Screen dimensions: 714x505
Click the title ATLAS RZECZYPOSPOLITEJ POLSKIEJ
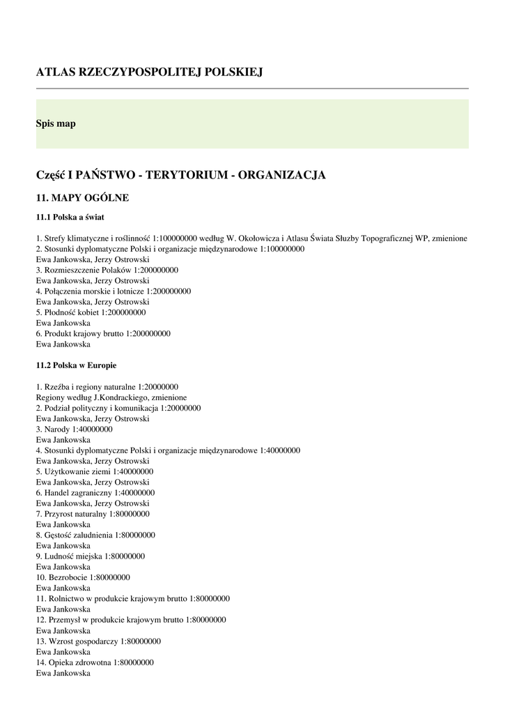(149, 72)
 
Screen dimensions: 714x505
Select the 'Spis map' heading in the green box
(56, 123)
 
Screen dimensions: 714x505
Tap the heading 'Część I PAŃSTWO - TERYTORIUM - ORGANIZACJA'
(180, 174)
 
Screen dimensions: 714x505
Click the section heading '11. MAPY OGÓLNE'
(82, 198)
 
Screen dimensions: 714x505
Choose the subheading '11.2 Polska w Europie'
(76, 365)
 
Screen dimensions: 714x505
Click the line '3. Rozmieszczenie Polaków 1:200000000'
(107, 270)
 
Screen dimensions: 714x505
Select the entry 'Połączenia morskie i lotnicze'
(113, 291)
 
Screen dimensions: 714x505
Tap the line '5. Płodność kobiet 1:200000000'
(91, 312)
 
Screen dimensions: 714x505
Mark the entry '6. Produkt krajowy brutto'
(103, 333)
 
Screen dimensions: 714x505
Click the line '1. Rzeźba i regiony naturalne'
(107, 387)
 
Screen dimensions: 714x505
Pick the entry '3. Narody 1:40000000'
(74, 430)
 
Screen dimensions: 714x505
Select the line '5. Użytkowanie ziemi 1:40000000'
(95, 472)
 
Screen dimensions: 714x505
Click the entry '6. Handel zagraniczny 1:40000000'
(95, 493)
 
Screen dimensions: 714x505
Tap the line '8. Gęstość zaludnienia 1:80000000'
(95, 535)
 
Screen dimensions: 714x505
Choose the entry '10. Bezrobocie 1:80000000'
(83, 577)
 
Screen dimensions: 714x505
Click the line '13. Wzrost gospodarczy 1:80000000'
(98, 641)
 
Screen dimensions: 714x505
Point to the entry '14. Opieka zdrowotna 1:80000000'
(95, 662)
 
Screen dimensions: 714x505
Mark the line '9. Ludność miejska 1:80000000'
(91, 556)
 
